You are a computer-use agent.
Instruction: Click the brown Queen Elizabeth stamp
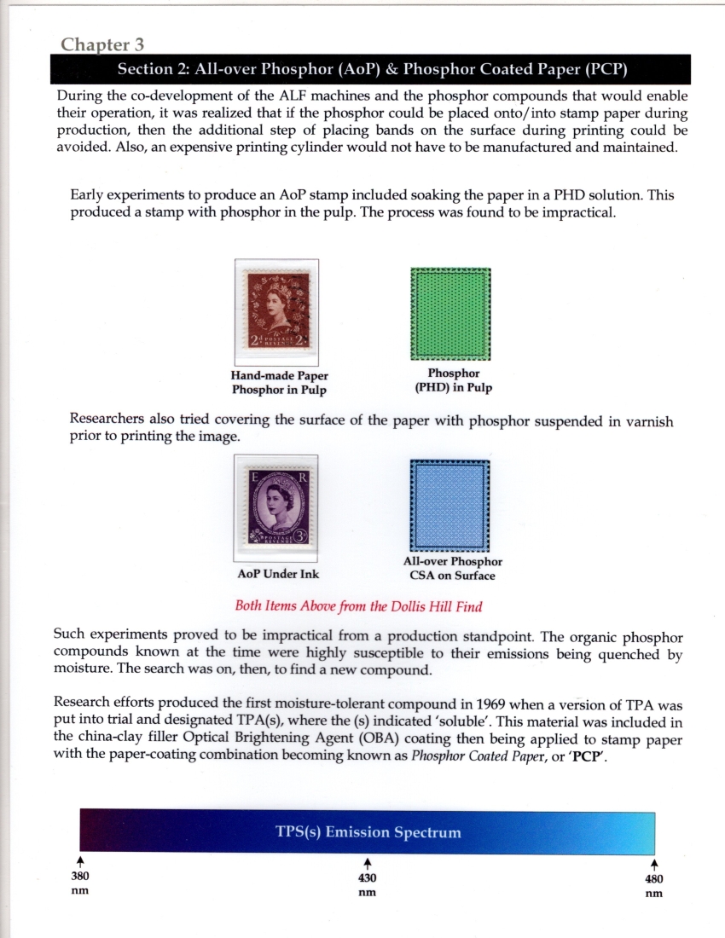click(276, 312)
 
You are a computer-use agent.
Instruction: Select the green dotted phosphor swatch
click(450, 314)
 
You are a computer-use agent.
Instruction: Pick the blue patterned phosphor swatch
click(450, 506)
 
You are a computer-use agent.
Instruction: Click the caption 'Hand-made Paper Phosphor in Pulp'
click(280, 383)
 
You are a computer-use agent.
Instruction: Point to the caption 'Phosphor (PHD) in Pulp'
click(453, 380)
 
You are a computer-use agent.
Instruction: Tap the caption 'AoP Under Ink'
click(278, 574)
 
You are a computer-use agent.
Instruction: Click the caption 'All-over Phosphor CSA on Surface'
click(452, 569)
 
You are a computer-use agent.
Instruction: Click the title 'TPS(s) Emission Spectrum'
click(368, 832)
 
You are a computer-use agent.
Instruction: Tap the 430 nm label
click(368, 884)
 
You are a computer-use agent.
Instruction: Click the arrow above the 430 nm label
click(368, 863)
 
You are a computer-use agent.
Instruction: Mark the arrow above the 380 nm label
click(79, 862)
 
